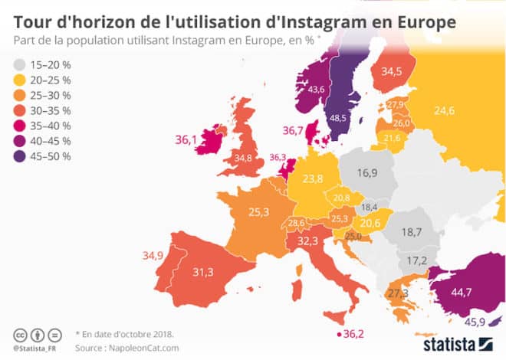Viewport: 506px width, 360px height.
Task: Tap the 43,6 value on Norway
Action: (x=316, y=90)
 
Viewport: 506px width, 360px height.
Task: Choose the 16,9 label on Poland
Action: (x=369, y=173)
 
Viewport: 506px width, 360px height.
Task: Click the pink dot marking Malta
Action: (x=338, y=334)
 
